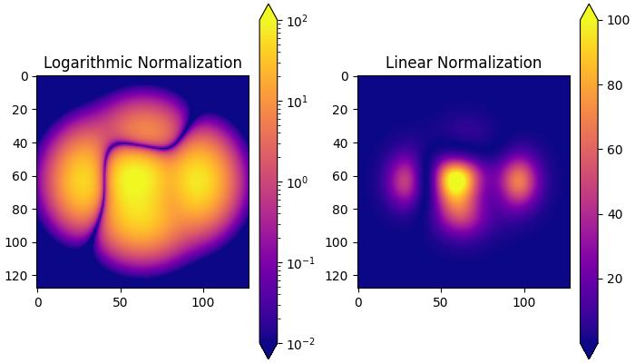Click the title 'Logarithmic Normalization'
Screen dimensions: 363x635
pos(142,63)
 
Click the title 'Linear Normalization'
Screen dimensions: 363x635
pos(464,63)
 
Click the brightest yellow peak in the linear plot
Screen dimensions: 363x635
pos(456,181)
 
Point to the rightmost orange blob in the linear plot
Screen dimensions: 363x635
pos(518,181)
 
